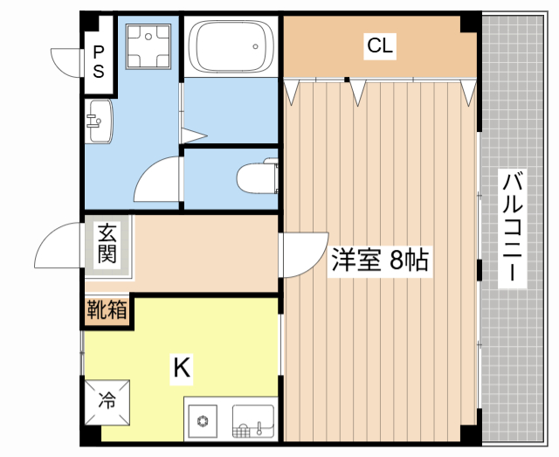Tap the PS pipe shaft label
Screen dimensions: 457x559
point(99,62)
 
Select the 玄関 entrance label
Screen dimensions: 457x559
point(107,244)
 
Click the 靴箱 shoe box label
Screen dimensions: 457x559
point(107,310)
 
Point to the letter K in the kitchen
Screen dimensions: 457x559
point(181,368)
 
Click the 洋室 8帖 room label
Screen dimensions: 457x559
point(379,260)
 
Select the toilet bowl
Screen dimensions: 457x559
point(255,177)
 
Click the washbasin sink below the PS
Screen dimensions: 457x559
point(99,121)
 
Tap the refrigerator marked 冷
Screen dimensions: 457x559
point(107,402)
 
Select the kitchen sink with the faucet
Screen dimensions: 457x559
point(253,421)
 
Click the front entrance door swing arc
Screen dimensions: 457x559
point(56,246)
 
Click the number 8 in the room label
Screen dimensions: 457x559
point(398,260)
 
